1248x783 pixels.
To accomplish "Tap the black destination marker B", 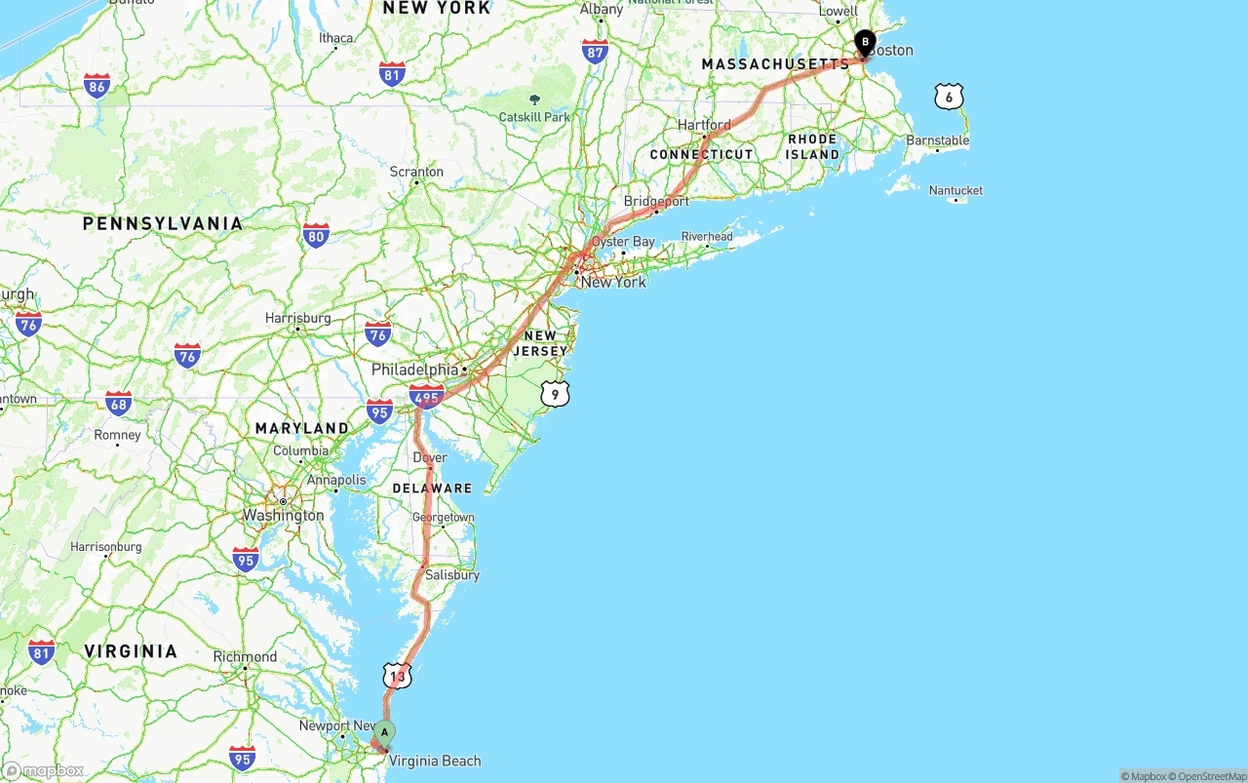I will point(865,43).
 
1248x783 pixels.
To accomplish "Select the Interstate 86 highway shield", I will point(97,86).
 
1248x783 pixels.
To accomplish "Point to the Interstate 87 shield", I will point(595,52).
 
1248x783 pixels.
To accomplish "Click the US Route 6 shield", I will point(949,97).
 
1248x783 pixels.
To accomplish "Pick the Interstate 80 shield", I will point(315,235).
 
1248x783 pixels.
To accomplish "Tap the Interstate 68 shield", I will point(119,403).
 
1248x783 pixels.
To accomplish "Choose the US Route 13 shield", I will point(397,675).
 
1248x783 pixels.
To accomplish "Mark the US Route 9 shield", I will point(555,394).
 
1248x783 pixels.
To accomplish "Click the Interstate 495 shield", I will point(426,396).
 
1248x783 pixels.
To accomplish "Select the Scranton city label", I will point(416,172).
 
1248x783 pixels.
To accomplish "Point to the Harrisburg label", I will point(297,318).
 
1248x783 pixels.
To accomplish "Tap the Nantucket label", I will point(955,190).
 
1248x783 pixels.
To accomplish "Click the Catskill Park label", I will point(534,117).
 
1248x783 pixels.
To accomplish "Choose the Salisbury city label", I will point(451,574).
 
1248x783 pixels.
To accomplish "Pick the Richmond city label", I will point(245,656).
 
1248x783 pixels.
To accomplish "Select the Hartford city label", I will point(704,125).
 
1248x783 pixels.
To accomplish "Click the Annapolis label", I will point(336,480).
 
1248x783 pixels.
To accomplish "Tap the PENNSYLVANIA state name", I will point(163,223).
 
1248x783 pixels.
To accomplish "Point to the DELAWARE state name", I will point(432,489).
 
